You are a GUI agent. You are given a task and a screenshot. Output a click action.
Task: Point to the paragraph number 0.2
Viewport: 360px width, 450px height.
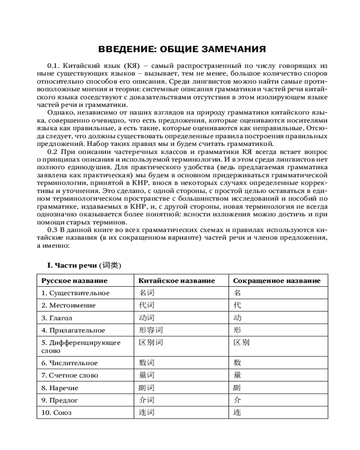[53, 152]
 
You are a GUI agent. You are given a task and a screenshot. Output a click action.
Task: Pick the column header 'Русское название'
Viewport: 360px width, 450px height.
[74, 281]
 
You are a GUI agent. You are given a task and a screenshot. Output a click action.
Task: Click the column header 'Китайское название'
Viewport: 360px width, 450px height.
[177, 281]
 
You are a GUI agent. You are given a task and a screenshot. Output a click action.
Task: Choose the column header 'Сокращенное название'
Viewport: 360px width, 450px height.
[276, 281]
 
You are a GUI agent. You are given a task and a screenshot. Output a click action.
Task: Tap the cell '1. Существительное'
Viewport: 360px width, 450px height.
[76, 293]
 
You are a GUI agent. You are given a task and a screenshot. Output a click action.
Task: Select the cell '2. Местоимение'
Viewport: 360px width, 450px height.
[68, 305]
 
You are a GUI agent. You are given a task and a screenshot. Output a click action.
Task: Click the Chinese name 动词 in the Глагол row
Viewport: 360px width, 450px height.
[147, 318]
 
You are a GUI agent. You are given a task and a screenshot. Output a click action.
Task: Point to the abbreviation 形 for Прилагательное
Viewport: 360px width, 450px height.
[237, 330]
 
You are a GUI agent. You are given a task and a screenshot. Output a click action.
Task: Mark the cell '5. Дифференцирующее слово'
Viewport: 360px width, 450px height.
[81, 346]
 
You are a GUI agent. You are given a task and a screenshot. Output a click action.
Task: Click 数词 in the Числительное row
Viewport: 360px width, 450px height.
[147, 363]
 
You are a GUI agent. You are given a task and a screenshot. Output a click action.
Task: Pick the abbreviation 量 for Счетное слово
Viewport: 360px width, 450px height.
[237, 375]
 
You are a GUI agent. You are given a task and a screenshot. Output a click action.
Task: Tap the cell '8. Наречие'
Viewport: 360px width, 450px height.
[60, 387]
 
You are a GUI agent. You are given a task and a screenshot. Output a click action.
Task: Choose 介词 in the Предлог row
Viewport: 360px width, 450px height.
[147, 400]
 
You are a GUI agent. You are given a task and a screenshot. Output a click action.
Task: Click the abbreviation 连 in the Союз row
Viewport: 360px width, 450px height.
[237, 412]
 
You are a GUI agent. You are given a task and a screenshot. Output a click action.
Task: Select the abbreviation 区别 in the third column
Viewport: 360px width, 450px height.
[241, 342]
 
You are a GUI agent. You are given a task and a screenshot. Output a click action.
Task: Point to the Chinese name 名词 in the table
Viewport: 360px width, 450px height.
[147, 293]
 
